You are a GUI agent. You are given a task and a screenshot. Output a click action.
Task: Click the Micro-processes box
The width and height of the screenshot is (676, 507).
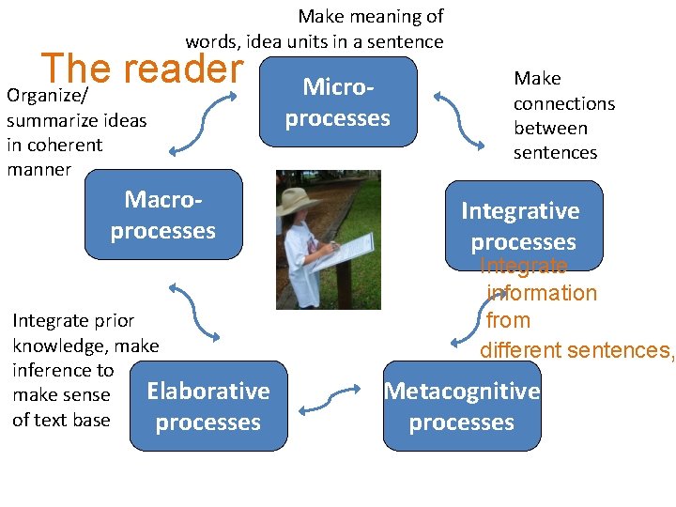[338, 101]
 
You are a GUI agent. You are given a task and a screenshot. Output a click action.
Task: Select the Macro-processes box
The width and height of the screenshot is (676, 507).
[163, 214]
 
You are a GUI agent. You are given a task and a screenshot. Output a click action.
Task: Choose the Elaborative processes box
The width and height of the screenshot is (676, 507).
[208, 406]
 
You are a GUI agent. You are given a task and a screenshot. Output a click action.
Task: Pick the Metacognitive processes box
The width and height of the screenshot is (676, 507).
[462, 406]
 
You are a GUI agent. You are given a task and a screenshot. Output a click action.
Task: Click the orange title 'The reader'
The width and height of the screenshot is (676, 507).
[142, 69]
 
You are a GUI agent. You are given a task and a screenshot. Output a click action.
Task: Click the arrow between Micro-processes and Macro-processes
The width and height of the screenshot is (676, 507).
[198, 124]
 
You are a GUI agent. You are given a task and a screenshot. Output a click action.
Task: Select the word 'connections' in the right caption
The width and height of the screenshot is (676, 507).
[563, 103]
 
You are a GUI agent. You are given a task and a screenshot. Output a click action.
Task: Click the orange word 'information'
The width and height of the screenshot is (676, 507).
[542, 293]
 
